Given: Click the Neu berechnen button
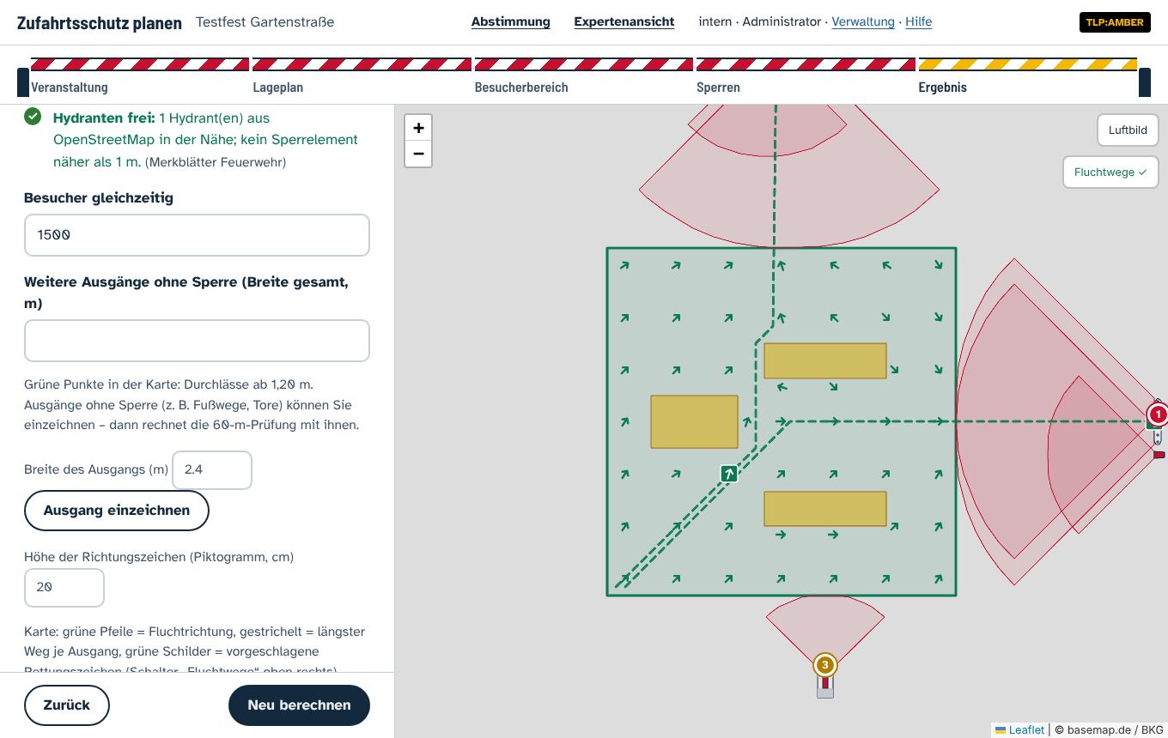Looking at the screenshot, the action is (x=299, y=705).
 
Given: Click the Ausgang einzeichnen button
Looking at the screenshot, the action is (x=116, y=511).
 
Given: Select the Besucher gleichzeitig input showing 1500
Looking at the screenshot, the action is (x=197, y=235).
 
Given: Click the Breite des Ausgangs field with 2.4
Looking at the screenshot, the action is (x=211, y=469).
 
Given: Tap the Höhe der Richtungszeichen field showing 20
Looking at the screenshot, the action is (x=64, y=587).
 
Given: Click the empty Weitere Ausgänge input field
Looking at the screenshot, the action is (x=197, y=341).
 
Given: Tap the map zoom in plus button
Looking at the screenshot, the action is (x=418, y=128).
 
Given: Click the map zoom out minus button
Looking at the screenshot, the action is (x=418, y=154).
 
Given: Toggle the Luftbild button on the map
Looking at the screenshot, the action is (x=1128, y=130).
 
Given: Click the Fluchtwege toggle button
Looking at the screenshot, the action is (x=1110, y=172).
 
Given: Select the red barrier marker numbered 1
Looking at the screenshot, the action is (x=1158, y=414).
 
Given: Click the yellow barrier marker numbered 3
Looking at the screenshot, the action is (x=824, y=665).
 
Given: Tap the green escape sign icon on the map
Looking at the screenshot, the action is (x=729, y=473).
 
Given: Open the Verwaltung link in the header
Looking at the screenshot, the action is (x=862, y=22).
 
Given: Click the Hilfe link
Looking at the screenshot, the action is (x=918, y=22).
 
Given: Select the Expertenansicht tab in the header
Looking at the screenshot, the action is (x=624, y=22).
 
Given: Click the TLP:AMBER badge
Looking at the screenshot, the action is (x=1114, y=22).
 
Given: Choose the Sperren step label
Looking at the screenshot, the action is (x=718, y=88).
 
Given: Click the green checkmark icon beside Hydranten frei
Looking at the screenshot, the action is (x=33, y=116).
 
